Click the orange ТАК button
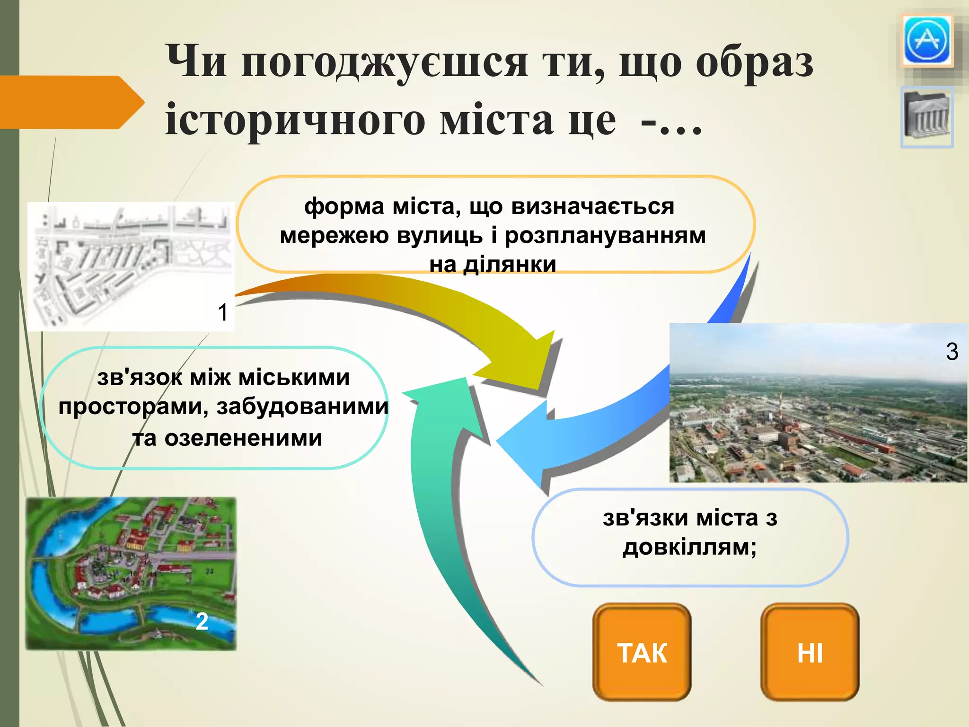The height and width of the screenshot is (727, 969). pos(642,652)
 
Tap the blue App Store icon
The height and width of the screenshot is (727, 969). pos(926,41)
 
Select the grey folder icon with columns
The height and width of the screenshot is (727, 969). pos(926,117)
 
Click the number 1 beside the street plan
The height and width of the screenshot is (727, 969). pos(223,313)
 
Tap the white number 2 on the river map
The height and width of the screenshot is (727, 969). pos(202,621)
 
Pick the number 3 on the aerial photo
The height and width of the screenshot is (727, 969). pos(952,352)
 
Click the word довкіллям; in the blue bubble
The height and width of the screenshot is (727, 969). pos(689,548)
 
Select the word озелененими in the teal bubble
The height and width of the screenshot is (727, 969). pos(243,438)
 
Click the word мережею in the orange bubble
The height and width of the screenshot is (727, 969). pos(334,235)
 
